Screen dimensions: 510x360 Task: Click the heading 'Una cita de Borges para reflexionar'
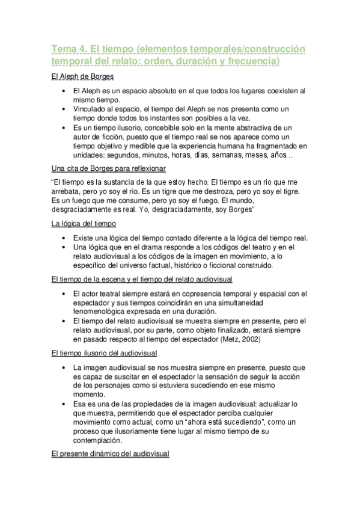[109, 168]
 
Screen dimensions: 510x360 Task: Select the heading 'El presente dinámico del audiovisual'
[111, 455]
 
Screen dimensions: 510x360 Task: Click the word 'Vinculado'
[92, 109]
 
